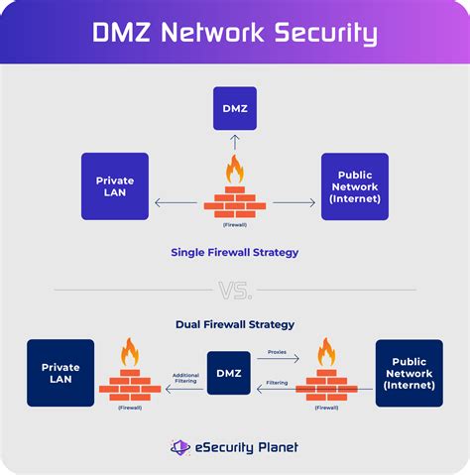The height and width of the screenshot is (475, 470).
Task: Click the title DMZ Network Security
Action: tap(235, 33)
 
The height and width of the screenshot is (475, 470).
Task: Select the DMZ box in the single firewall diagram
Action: tap(235, 107)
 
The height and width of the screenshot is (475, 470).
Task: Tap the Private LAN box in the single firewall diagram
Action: tap(115, 185)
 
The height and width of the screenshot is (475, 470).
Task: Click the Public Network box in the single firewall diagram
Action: tap(355, 185)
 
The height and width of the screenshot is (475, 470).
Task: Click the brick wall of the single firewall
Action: tap(235, 200)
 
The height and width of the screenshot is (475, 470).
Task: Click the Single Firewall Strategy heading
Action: tap(235, 252)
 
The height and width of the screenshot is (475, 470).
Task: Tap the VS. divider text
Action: tap(235, 289)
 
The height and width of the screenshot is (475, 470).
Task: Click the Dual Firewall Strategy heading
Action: tap(235, 324)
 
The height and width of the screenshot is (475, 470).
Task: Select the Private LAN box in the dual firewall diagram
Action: tap(60, 373)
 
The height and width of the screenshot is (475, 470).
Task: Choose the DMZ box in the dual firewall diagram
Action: tap(229, 373)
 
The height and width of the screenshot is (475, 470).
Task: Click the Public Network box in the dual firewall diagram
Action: tap(409, 373)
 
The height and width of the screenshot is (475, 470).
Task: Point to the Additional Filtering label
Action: tap(185, 378)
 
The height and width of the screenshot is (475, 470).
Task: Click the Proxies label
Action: tap(277, 351)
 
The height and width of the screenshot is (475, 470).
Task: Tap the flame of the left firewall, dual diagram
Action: tap(130, 353)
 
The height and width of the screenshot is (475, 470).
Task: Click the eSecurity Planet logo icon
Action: tap(179, 447)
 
